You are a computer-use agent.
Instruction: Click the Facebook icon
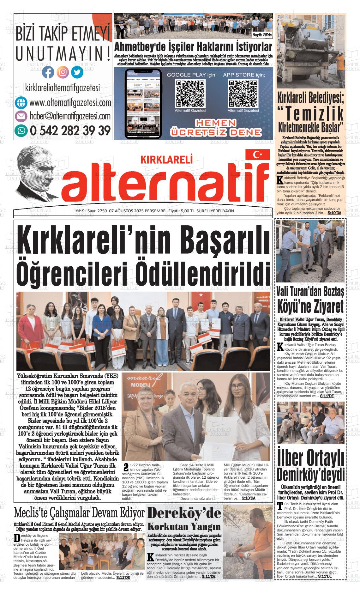coord(48,72)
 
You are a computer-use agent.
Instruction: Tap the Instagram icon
coord(63,72)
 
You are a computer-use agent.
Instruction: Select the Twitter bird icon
coord(77,72)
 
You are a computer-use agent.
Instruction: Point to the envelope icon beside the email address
coord(21,116)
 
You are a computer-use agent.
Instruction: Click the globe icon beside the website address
coord(21,103)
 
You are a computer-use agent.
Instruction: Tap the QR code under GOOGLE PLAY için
coord(190,94)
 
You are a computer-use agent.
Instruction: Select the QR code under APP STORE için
coord(243,94)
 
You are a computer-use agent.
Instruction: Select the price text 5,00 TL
coord(186,211)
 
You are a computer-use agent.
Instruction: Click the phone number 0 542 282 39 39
coord(70,130)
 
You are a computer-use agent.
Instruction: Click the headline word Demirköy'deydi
coord(310,474)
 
